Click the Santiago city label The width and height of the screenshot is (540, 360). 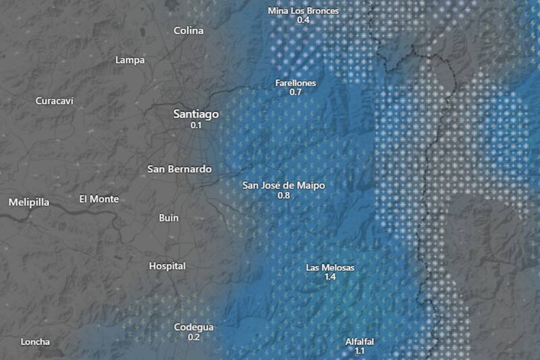point(196,114)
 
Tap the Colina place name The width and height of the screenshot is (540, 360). point(188,30)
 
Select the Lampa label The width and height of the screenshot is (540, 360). point(130,60)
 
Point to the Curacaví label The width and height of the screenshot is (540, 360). point(53,101)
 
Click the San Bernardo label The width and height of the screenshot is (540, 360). point(180,169)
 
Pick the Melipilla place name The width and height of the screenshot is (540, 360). point(29,202)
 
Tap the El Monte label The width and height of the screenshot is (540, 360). point(99,199)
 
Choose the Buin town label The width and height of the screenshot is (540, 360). point(168,217)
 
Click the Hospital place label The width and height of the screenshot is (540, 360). point(167,266)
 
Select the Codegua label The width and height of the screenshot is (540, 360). point(194,328)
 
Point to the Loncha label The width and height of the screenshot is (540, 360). point(35,342)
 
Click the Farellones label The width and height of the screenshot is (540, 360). point(296,83)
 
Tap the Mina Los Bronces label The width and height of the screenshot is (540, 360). point(303,11)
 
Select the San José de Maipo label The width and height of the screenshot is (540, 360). point(283,185)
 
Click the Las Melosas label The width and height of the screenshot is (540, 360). point(330,268)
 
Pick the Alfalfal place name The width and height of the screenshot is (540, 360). point(359,342)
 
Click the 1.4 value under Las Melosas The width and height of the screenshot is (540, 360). point(330,278)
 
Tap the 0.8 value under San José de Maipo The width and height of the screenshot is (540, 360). point(283,195)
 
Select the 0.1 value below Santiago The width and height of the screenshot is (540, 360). point(196,126)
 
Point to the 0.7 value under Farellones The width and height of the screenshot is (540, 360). point(296,92)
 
